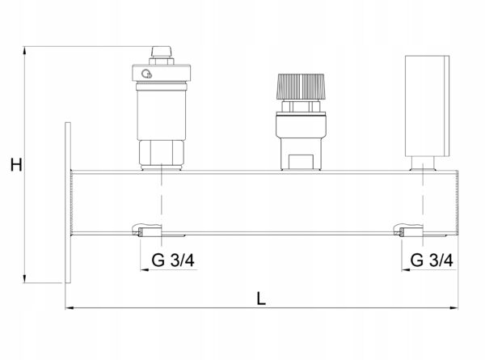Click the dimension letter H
[x=16, y=165]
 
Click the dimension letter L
[x=261, y=299]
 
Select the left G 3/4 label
[x=173, y=260]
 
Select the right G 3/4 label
[x=432, y=260]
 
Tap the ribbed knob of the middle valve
[x=301, y=86]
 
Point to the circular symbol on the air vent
[x=146, y=74]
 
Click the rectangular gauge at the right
[x=427, y=106]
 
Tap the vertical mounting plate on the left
[x=68, y=202]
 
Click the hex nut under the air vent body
[x=161, y=153]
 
